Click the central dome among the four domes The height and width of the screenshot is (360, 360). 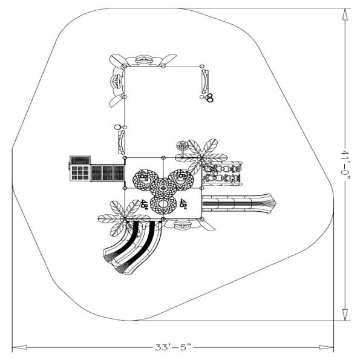162,188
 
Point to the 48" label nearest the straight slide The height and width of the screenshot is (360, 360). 182,205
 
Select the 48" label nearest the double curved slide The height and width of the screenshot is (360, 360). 144,205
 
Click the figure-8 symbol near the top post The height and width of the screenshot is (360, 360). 210,97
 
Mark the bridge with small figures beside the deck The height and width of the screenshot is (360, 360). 221,174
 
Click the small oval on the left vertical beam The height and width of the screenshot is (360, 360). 118,128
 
